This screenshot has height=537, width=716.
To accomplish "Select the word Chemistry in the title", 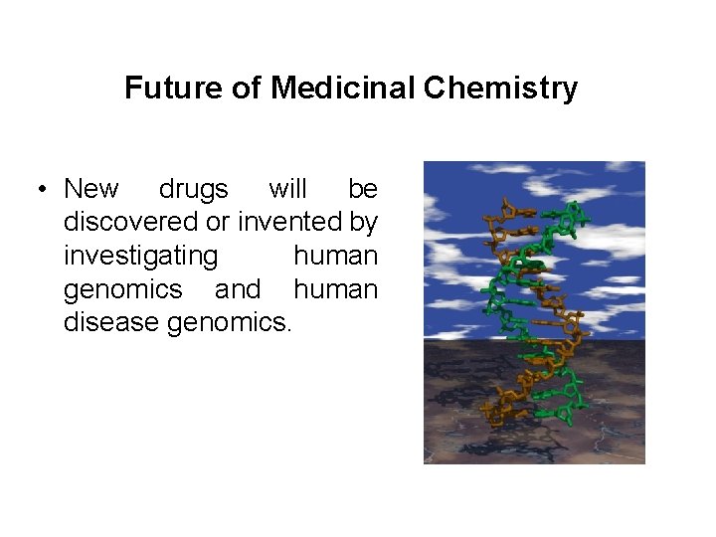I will [500, 89].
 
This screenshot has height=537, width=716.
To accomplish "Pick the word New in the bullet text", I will [90, 189].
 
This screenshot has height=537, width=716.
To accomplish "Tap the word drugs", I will [193, 189].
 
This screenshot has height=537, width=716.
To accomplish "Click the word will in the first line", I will [287, 189].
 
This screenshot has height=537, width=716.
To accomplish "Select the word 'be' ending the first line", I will [363, 189].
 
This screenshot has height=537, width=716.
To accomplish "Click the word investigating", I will [140, 257].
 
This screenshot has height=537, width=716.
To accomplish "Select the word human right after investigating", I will [335, 257].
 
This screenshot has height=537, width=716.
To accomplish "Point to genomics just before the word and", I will [123, 290].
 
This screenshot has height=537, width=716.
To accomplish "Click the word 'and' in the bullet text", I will [238, 290].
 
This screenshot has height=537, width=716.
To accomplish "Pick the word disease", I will [112, 323].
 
